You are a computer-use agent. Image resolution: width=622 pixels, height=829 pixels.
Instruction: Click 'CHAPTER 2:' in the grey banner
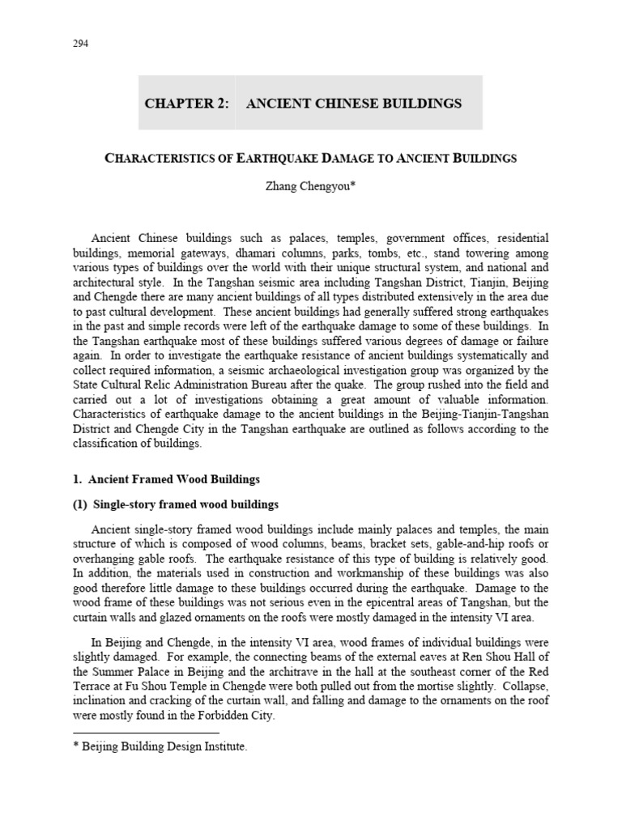coord(185,104)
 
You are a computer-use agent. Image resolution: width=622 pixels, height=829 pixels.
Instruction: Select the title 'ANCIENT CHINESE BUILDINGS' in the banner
coord(353,104)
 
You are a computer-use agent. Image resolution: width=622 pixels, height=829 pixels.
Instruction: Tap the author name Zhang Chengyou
coord(311,186)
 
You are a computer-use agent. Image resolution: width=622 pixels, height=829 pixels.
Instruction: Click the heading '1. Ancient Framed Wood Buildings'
coord(168,479)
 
